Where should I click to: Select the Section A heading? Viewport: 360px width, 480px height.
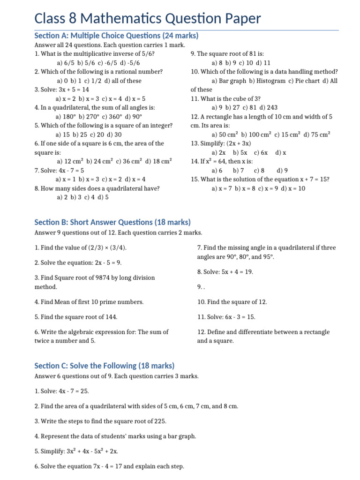(x=116, y=36)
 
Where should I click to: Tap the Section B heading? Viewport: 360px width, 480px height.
(x=112, y=222)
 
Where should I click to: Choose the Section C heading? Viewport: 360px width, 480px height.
(x=105, y=366)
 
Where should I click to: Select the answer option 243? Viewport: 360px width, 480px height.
(x=271, y=107)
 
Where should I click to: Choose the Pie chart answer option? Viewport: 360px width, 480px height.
(x=305, y=81)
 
